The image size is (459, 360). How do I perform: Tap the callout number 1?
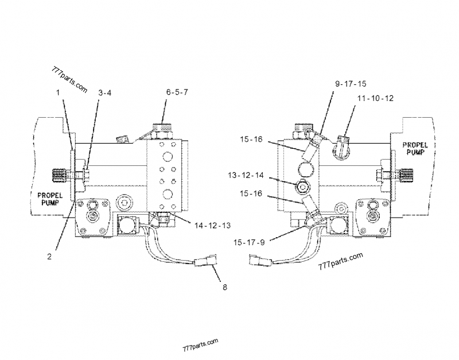[57, 92]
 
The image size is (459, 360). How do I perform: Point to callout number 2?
[50, 258]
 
